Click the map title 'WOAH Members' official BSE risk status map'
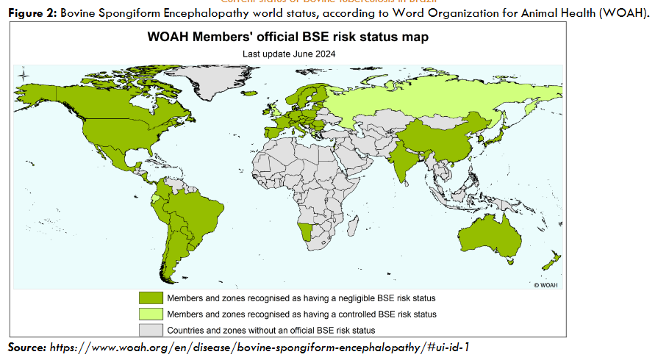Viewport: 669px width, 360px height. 287,37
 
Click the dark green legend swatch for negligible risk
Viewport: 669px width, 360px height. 150,298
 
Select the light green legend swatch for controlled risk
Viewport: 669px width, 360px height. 150,314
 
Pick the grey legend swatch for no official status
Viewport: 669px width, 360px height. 150,330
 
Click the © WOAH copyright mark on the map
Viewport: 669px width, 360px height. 546,284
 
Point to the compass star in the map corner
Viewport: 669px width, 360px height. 23,73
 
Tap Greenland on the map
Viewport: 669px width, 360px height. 219,81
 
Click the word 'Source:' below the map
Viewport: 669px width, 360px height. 27,346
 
